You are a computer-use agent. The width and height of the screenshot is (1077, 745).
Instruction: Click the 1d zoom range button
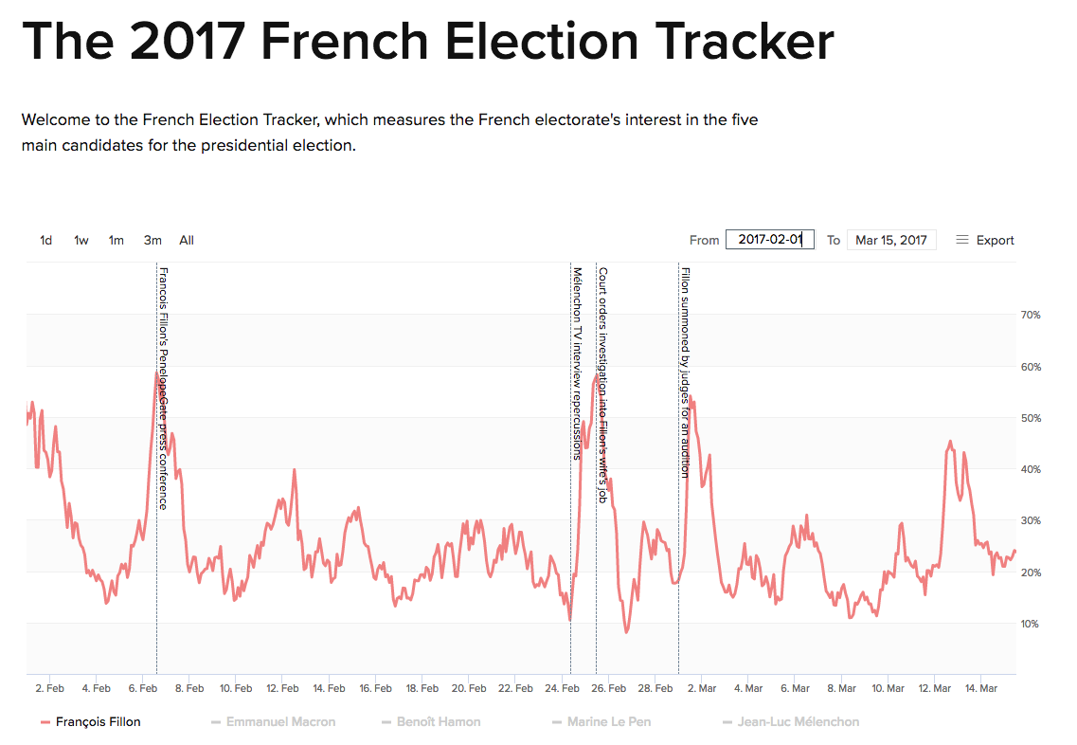45,241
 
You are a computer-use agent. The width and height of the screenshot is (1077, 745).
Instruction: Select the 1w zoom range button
81,241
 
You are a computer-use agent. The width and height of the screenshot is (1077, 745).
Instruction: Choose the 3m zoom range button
153,241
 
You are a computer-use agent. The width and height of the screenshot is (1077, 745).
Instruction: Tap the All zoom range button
187,241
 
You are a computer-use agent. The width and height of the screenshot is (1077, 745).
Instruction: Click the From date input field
769,240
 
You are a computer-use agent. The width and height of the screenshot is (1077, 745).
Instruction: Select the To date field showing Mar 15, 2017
890,240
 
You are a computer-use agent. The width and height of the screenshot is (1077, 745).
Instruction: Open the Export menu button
985,241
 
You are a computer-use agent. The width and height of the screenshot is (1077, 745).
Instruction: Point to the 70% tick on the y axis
1030,316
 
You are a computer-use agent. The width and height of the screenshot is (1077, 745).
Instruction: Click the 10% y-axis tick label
1030,624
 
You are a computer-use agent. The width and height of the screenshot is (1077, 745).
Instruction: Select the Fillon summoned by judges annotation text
685,372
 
